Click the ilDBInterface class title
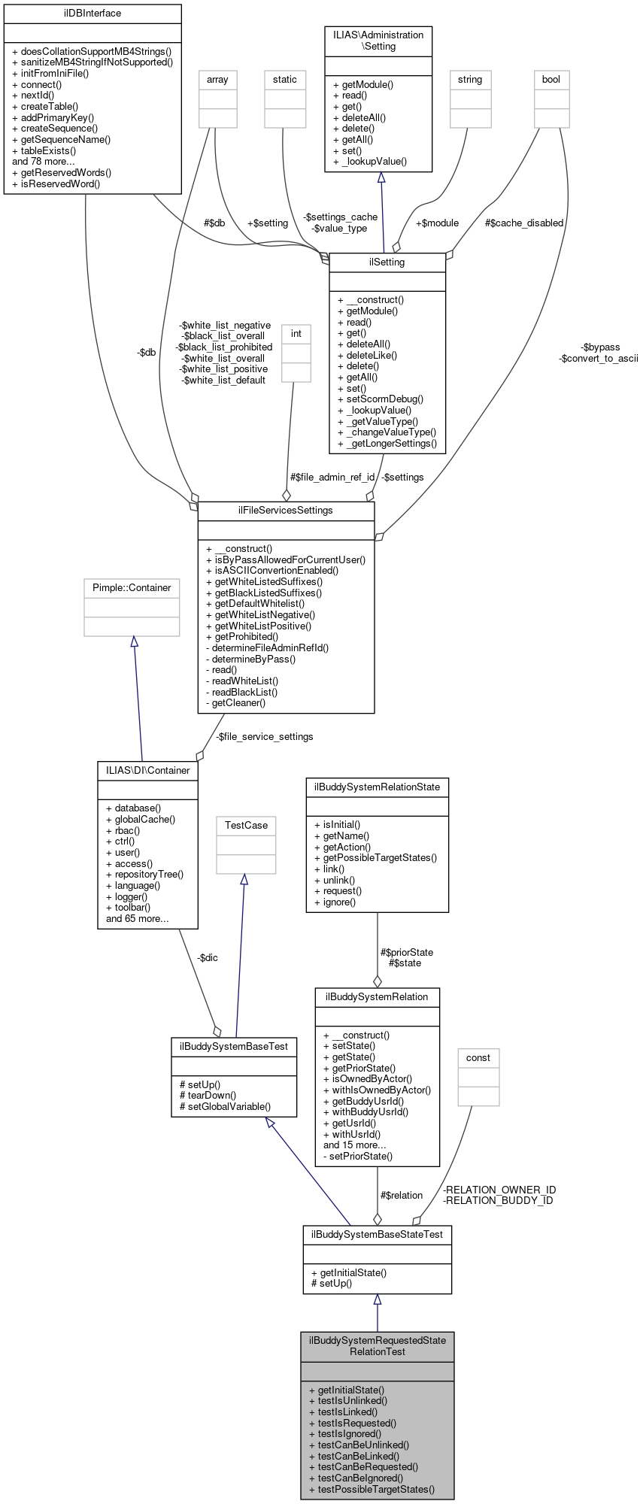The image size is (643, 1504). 93,14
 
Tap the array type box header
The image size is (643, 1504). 217,80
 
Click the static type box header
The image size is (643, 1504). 285,80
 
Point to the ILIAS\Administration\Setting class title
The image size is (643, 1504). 378,41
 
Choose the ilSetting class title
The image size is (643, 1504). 387,262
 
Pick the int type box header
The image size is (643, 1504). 296,334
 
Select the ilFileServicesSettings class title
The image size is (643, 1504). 286,511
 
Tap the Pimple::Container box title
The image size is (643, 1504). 132,588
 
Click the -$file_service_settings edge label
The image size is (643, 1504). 264,737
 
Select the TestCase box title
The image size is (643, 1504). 246,826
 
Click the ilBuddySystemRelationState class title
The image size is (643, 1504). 378,787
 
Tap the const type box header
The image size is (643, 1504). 478,1058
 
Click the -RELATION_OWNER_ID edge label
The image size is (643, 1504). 499,1190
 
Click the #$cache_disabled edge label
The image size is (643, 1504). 524,223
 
